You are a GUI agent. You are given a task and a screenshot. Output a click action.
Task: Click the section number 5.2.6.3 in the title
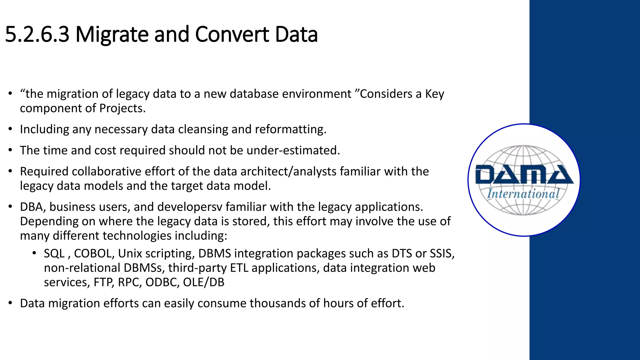(x=37, y=34)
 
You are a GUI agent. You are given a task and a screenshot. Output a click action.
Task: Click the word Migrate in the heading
(x=112, y=34)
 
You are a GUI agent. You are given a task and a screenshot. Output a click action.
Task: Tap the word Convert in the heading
(x=232, y=34)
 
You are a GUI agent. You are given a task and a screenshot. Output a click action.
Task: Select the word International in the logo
(x=523, y=194)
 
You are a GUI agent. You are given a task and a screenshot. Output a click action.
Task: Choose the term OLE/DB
(x=203, y=282)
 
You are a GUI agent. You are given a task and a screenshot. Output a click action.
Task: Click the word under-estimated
(x=293, y=150)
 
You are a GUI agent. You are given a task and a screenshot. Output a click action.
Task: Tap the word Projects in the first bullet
(x=122, y=108)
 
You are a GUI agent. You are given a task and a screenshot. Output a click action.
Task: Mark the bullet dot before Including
(x=10, y=129)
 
